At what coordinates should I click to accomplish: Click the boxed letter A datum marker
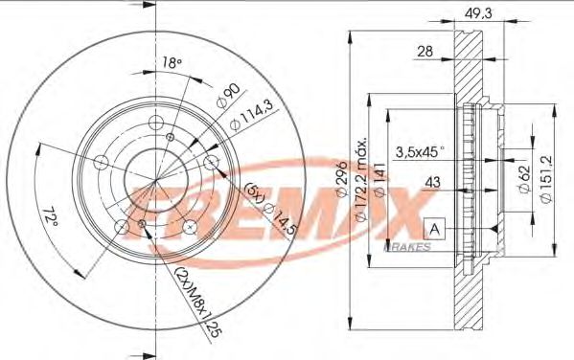pos(434,228)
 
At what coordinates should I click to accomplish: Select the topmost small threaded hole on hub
pos(170,138)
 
